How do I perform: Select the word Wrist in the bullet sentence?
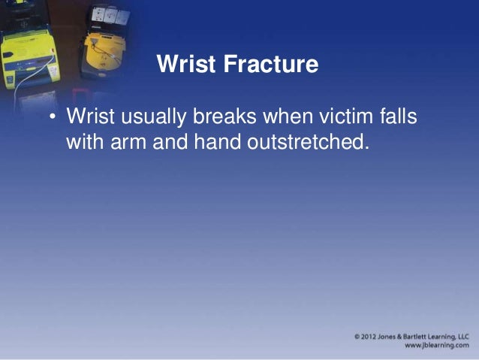(x=88, y=118)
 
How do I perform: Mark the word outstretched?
(x=309, y=141)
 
